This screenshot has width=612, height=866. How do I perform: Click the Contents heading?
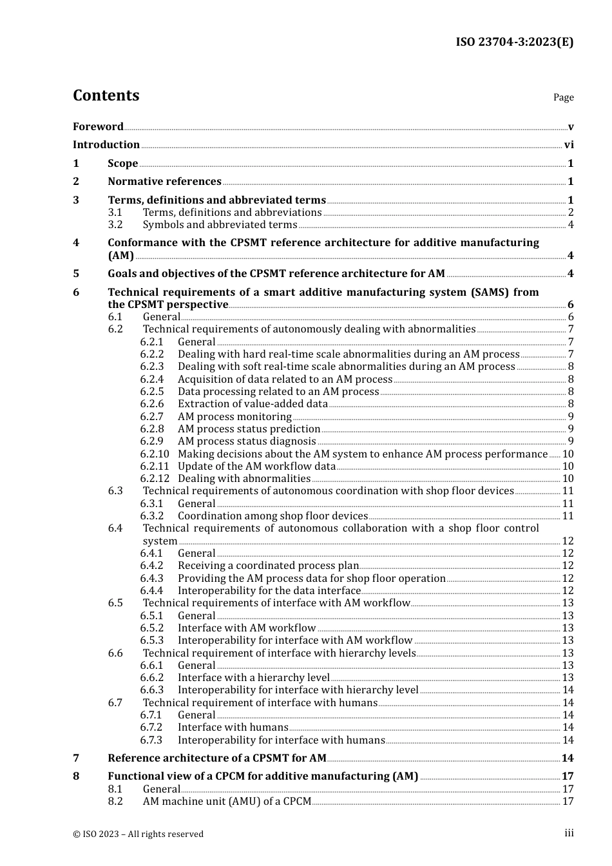[106, 95]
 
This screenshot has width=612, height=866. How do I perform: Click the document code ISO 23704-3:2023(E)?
[514, 42]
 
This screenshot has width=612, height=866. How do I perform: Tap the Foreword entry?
[98, 127]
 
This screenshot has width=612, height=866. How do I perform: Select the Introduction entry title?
[106, 145]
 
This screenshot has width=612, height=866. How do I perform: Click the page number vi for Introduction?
[569, 145]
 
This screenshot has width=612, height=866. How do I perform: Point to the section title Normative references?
[164, 182]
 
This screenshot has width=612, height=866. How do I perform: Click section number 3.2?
[115, 225]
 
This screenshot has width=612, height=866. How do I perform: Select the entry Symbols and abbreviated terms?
[220, 225]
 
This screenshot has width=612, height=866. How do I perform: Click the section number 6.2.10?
[155, 454]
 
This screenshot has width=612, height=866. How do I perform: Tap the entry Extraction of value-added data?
[253, 404]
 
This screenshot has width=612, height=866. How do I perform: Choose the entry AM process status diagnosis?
[247, 441]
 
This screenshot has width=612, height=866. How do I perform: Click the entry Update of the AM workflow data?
[256, 467]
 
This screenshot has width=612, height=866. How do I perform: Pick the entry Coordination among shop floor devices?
[273, 516]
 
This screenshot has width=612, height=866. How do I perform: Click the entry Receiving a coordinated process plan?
[268, 566]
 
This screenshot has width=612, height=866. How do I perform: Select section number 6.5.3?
[152, 640]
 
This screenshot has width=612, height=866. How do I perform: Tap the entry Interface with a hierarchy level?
[253, 678]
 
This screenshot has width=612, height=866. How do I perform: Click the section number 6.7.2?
[152, 727]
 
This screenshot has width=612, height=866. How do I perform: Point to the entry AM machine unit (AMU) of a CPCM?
[227, 802]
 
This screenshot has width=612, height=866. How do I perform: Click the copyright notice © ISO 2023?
[138, 834]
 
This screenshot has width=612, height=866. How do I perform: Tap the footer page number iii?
[569, 833]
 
